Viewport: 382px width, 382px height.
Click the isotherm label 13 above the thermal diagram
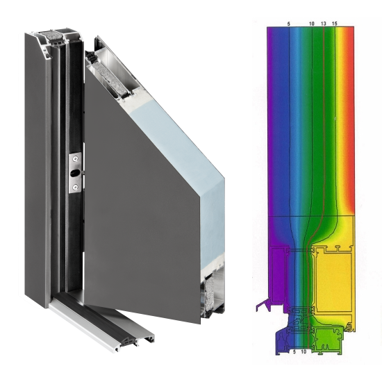click(x=323, y=24)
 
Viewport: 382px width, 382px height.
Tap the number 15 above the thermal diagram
click(x=335, y=24)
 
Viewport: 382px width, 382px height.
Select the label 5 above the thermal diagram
click(x=289, y=24)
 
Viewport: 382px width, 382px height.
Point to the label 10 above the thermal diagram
click(x=312, y=24)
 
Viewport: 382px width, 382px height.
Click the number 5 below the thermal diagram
click(x=294, y=352)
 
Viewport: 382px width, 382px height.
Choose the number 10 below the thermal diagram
click(x=304, y=352)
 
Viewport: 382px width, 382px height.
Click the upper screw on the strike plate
click(x=76, y=159)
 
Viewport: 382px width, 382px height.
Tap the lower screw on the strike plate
click(x=76, y=187)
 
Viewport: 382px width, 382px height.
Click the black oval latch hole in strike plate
click(x=74, y=173)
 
